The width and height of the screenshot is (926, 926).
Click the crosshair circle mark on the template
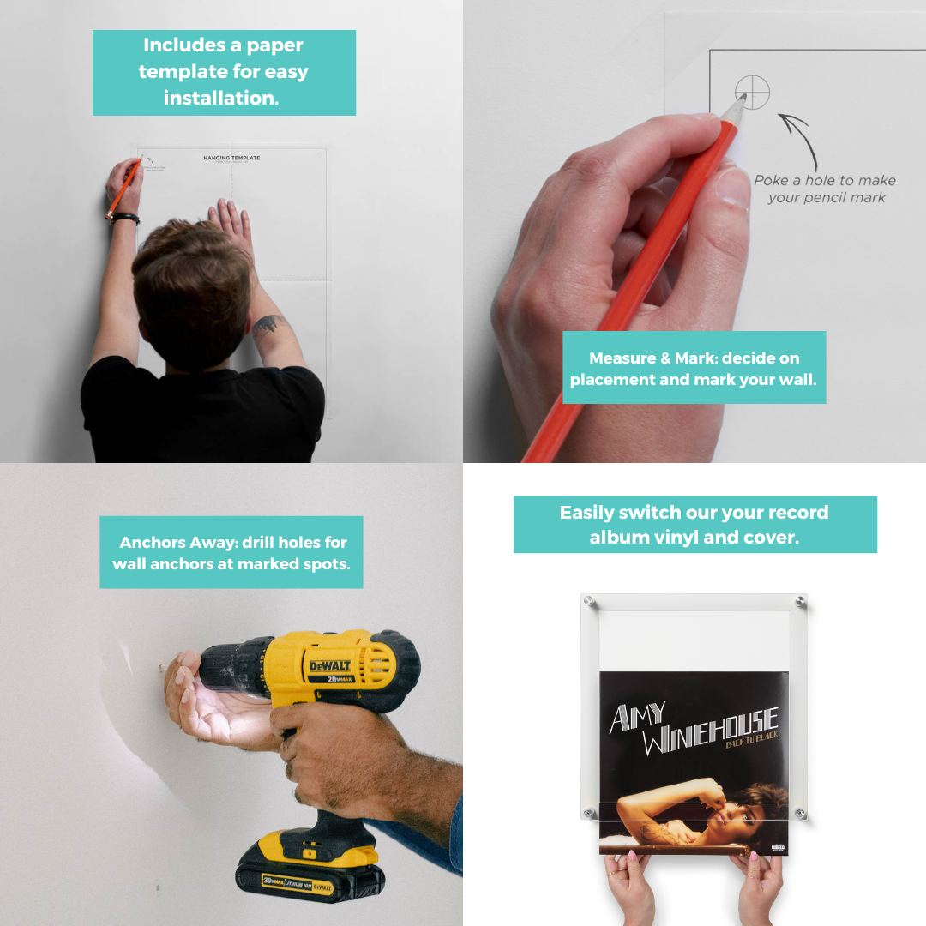[x=752, y=92]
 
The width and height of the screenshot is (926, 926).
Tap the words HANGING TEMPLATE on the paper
[x=231, y=158]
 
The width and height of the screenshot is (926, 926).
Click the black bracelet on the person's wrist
[x=124, y=218]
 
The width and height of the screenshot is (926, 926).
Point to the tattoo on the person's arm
[x=269, y=325]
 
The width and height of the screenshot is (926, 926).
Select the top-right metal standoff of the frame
[x=800, y=601]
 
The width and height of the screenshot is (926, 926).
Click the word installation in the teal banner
[x=221, y=98]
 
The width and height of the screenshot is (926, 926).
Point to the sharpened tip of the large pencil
[x=742, y=99]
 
